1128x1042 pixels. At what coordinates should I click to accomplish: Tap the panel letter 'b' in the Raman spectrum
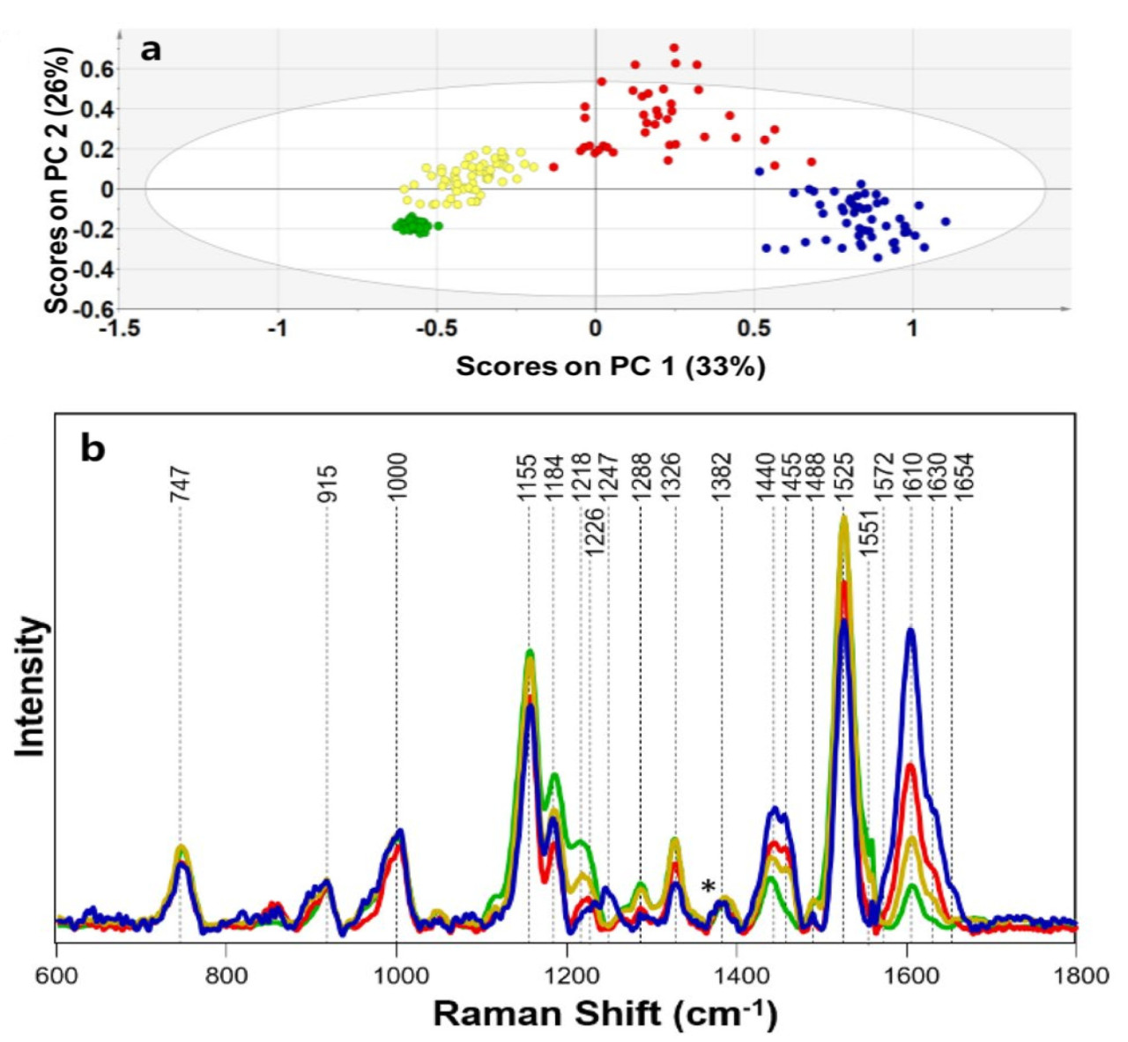pyautogui.click(x=93, y=448)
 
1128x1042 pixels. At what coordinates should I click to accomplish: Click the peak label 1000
pyautogui.click(x=397, y=477)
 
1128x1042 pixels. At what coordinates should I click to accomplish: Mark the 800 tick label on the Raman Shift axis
pyautogui.click(x=226, y=976)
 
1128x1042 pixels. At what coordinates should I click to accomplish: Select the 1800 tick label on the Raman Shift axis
pyautogui.click(x=1075, y=976)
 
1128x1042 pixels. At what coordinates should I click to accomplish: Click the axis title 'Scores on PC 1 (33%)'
pyautogui.click(x=610, y=366)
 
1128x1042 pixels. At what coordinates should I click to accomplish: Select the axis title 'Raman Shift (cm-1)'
pyautogui.click(x=605, y=1014)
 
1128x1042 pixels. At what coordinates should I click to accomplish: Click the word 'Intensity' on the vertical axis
pyautogui.click(x=31, y=686)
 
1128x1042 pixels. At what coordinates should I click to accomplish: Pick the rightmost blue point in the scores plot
pyautogui.click(x=946, y=221)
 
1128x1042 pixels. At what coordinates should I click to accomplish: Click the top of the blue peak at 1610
pyautogui.click(x=910, y=630)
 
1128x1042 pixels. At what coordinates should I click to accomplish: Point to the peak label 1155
pyautogui.click(x=527, y=477)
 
